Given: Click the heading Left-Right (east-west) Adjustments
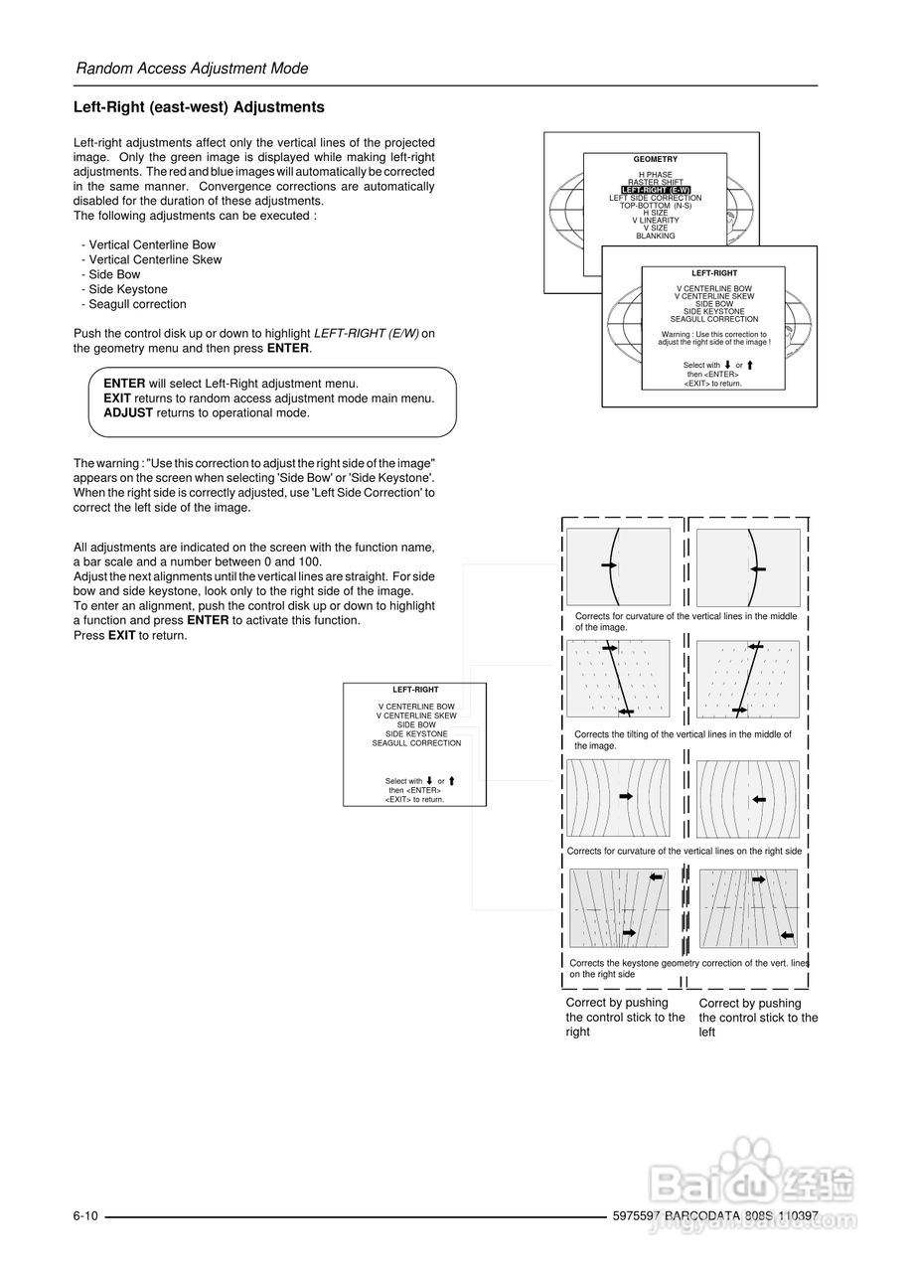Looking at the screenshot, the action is pyautogui.click(x=199, y=107).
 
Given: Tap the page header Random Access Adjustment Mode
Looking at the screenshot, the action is pyautogui.click(x=192, y=69).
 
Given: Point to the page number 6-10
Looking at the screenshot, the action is pyautogui.click(x=85, y=1216).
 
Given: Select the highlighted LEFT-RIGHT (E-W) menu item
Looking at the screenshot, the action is pyautogui.click(x=656, y=190).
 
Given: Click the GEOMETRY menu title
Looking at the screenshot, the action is pyautogui.click(x=655, y=159).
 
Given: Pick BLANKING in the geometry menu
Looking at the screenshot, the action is pyautogui.click(x=655, y=236).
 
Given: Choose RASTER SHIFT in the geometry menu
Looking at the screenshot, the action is pyautogui.click(x=655, y=182).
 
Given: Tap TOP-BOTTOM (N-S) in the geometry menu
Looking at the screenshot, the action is pyautogui.click(x=655, y=205).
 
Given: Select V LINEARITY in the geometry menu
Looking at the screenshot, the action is pyautogui.click(x=655, y=221).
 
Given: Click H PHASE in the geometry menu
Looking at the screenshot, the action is pyautogui.click(x=655, y=175).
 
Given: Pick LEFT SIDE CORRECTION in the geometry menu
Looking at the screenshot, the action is pyautogui.click(x=655, y=198).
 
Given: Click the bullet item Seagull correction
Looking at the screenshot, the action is pyautogui.click(x=137, y=304).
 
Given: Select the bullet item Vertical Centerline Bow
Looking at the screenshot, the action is pyautogui.click(x=152, y=244).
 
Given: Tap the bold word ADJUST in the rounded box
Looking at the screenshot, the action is pyautogui.click(x=128, y=412).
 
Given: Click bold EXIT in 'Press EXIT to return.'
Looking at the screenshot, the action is pyautogui.click(x=121, y=635).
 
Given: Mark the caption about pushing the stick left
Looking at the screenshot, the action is pyautogui.click(x=758, y=1018).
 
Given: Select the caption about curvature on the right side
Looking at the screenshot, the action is pyautogui.click(x=684, y=852).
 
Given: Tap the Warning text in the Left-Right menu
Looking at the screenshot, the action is pyautogui.click(x=713, y=338).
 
